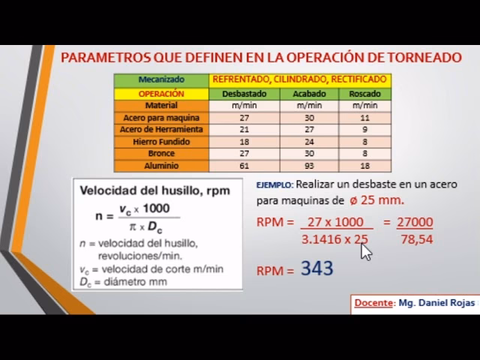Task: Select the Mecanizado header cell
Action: [x=160, y=79]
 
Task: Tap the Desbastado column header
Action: [x=244, y=94]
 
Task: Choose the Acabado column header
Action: [x=309, y=94]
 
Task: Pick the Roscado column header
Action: [x=365, y=94]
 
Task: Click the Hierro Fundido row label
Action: [x=160, y=141]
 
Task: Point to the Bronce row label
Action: [x=160, y=153]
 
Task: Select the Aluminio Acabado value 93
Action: [x=309, y=165]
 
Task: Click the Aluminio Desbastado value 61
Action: [x=244, y=165]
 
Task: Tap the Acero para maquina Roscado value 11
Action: [x=365, y=118]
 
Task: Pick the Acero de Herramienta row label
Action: [x=160, y=129]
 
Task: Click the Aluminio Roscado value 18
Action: [x=365, y=165]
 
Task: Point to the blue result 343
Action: [x=317, y=268]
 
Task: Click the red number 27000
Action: [x=415, y=222]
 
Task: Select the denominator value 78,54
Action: [x=417, y=239]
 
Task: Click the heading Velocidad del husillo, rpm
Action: [x=155, y=190]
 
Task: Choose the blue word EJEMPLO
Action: [x=274, y=184]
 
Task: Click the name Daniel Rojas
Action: [x=448, y=302]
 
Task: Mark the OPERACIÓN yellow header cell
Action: [x=160, y=94]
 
